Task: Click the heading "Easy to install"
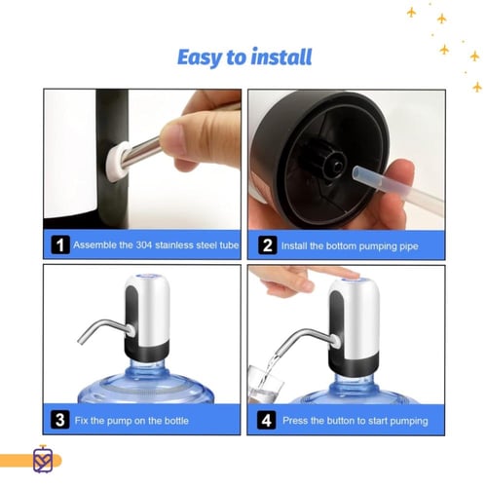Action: [244, 57]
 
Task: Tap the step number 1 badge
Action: [60, 244]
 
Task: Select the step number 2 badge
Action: [268, 245]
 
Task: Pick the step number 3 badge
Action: [60, 420]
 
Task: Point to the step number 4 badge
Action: [266, 420]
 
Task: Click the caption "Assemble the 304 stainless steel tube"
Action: [156, 244]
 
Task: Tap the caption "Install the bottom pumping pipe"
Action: [350, 245]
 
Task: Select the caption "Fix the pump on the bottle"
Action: [131, 421]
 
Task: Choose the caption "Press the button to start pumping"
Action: [356, 421]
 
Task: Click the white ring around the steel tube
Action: [117, 161]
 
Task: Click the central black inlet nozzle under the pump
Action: [336, 167]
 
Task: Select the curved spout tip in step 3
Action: [81, 340]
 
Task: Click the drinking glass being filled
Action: [265, 385]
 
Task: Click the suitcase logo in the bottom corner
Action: [43, 460]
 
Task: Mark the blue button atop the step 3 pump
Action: [146, 276]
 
